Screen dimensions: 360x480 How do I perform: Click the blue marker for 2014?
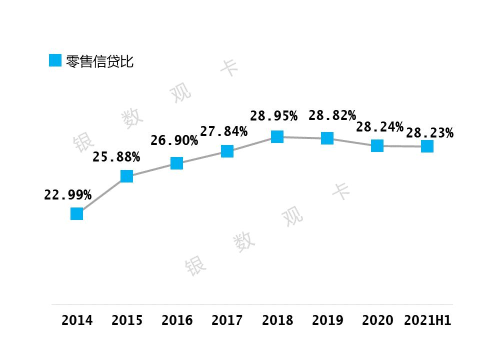click(x=76, y=213)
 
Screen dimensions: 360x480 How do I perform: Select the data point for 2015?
click(x=126, y=176)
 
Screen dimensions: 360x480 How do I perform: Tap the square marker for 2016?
click(x=176, y=163)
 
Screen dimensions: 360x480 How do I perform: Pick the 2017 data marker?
click(x=227, y=151)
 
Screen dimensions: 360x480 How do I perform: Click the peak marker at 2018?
click(x=277, y=136)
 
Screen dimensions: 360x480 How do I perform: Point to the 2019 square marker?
click(x=327, y=138)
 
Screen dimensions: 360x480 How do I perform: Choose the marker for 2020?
click(x=377, y=145)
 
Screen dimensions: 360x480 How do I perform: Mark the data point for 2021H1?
click(x=427, y=146)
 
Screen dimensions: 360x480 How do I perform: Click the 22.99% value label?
click(x=67, y=195)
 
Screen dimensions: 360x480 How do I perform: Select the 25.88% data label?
click(x=116, y=157)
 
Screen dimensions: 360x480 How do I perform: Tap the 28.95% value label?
click(x=273, y=116)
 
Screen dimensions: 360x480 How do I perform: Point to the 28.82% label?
click(x=332, y=115)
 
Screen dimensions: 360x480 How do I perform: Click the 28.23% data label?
click(x=429, y=133)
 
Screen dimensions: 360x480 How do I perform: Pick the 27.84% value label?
click(x=223, y=131)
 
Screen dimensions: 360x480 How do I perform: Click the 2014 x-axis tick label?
click(x=77, y=320)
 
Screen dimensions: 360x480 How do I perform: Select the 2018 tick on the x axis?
click(x=277, y=320)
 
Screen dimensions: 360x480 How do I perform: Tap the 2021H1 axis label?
click(x=427, y=320)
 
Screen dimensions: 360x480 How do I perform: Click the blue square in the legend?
click(x=55, y=60)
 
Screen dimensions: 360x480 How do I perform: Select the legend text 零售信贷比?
click(x=99, y=61)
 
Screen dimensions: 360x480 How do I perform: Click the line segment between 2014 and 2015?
click(x=101, y=195)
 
